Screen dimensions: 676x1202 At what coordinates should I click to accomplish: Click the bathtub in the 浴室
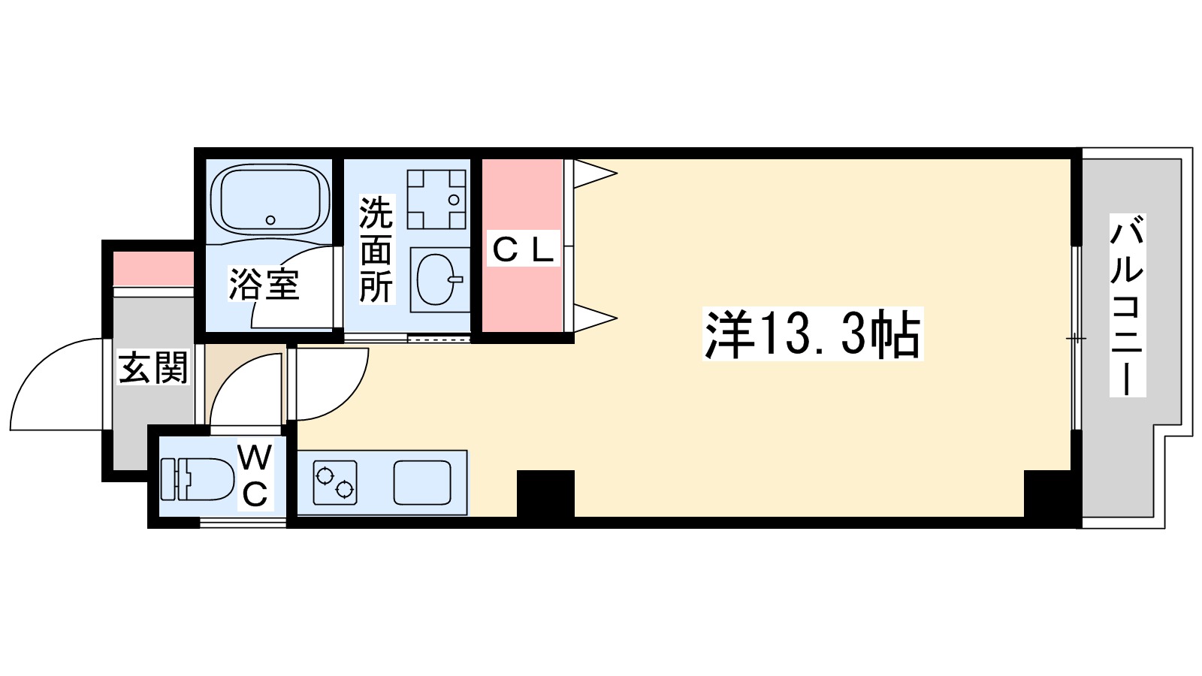(270, 199)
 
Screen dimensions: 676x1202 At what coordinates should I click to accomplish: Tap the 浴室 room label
(264, 285)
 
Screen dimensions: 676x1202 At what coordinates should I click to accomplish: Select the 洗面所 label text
(376, 249)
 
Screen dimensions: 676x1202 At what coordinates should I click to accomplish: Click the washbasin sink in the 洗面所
(436, 280)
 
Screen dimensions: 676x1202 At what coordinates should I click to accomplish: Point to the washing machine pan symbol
(436, 199)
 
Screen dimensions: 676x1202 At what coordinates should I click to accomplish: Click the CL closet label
(523, 249)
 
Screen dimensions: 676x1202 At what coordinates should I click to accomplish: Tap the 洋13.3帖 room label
(812, 334)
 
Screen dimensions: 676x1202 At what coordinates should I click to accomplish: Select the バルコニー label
(1127, 305)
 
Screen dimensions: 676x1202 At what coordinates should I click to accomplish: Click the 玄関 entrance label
(153, 368)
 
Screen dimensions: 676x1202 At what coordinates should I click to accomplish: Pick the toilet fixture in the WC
(197, 478)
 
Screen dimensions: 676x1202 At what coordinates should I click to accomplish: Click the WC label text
(255, 476)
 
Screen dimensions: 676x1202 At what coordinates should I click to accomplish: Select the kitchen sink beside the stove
(422, 483)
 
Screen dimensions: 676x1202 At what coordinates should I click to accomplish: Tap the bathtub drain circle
(270, 220)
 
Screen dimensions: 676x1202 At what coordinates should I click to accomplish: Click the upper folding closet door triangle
(593, 174)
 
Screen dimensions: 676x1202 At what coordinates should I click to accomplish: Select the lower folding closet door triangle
(593, 317)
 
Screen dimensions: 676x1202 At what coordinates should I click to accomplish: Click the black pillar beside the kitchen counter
(545, 493)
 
